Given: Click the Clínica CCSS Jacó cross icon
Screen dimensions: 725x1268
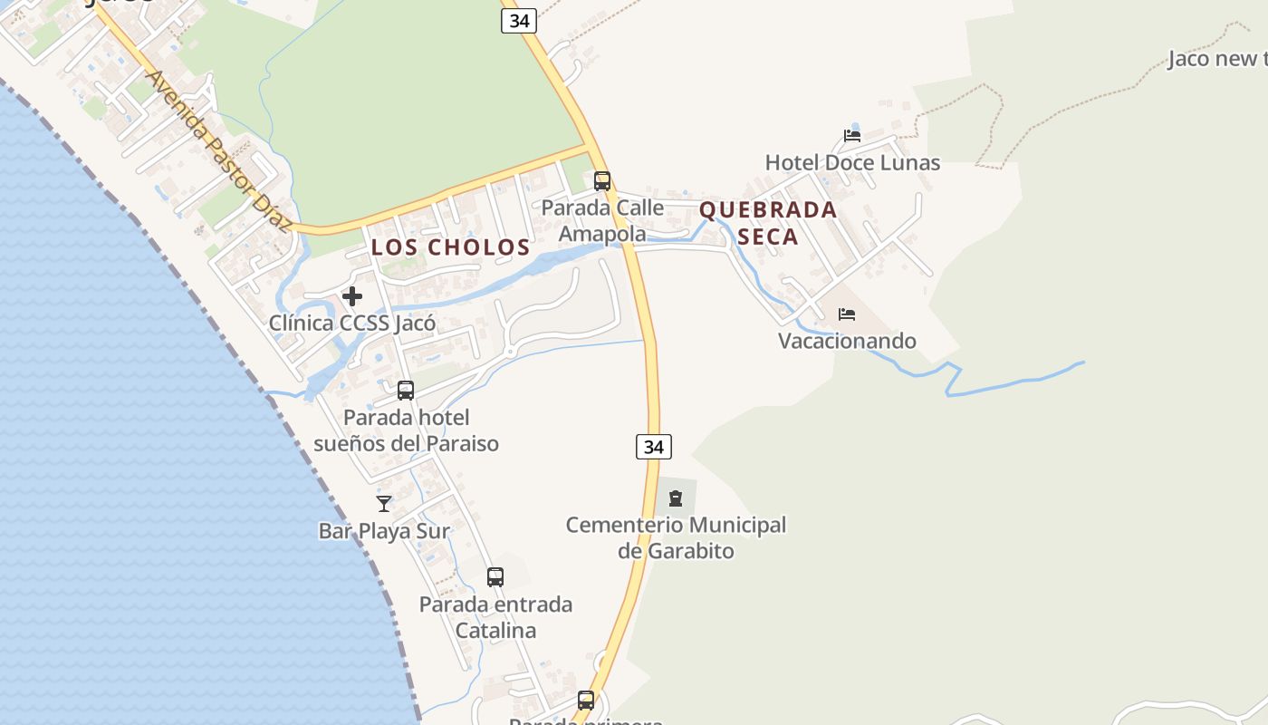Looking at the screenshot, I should click(352, 295).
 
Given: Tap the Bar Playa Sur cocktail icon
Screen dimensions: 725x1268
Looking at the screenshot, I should click(384, 503).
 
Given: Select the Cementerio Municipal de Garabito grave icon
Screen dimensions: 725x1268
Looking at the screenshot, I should click(676, 498).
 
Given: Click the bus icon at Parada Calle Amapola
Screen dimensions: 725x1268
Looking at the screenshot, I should click(602, 181).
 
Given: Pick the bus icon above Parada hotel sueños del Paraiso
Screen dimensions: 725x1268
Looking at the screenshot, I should click(406, 391).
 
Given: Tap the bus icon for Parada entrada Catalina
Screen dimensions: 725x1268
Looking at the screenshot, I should click(495, 577).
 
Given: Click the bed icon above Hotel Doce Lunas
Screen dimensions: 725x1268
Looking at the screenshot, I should click(852, 136).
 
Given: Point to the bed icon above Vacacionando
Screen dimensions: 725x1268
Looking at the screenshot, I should click(847, 314).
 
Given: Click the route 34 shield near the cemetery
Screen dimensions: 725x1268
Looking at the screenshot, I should click(653, 447).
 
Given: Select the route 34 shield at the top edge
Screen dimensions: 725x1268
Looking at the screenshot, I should click(519, 21).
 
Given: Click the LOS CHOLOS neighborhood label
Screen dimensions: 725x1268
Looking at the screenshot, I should click(450, 246).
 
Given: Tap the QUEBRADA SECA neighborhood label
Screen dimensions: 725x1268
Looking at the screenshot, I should click(768, 223).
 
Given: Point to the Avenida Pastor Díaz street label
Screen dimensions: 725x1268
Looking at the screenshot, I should click(217, 150).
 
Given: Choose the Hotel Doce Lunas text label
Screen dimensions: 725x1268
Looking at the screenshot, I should click(852, 163).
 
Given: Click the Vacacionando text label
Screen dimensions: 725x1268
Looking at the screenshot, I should click(848, 341).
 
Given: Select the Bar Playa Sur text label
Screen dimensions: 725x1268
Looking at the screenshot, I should click(384, 531).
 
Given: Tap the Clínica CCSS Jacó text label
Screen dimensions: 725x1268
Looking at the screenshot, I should click(352, 323).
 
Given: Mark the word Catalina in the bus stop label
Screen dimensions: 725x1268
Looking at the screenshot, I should click(495, 630).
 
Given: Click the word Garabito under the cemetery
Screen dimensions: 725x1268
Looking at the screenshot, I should click(690, 551).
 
